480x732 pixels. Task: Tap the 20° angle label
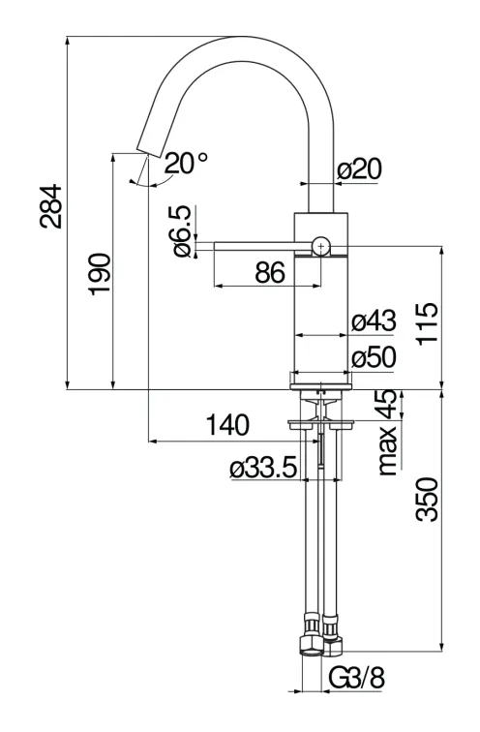tap(185, 164)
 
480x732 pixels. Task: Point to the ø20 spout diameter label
tap(360, 169)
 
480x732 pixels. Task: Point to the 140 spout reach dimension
tap(227, 425)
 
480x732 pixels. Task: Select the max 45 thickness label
tap(389, 433)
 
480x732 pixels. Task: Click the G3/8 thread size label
tap(357, 678)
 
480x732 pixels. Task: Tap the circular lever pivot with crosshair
tap(320, 246)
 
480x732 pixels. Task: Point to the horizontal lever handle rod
tap(256, 247)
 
